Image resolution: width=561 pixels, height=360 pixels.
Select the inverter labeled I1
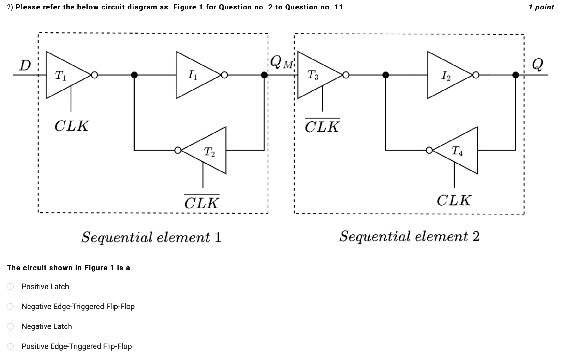pyautogui.click(x=194, y=75)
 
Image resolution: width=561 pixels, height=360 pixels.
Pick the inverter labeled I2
pyautogui.click(x=446, y=75)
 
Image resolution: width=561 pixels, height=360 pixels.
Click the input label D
pyautogui.click(x=25, y=66)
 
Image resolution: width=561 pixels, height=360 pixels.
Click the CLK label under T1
pyautogui.click(x=72, y=126)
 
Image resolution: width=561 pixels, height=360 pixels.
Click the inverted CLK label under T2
pyautogui.click(x=202, y=202)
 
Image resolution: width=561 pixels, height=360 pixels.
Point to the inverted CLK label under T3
pyautogui.click(x=322, y=126)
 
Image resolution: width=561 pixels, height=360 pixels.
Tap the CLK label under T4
pyautogui.click(x=454, y=201)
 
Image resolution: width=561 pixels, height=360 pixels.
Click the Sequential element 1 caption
pyautogui.click(x=151, y=237)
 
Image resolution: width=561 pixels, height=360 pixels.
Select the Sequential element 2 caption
pyautogui.click(x=409, y=236)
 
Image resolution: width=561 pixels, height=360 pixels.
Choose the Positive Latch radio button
pyautogui.click(x=10, y=287)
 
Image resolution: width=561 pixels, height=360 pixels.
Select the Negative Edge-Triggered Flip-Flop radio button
pyautogui.click(x=10, y=307)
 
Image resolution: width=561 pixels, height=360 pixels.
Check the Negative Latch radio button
pyautogui.click(x=10, y=326)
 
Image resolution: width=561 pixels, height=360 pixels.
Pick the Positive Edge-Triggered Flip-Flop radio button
pyautogui.click(x=10, y=346)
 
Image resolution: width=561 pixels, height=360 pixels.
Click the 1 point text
pyautogui.click(x=541, y=7)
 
